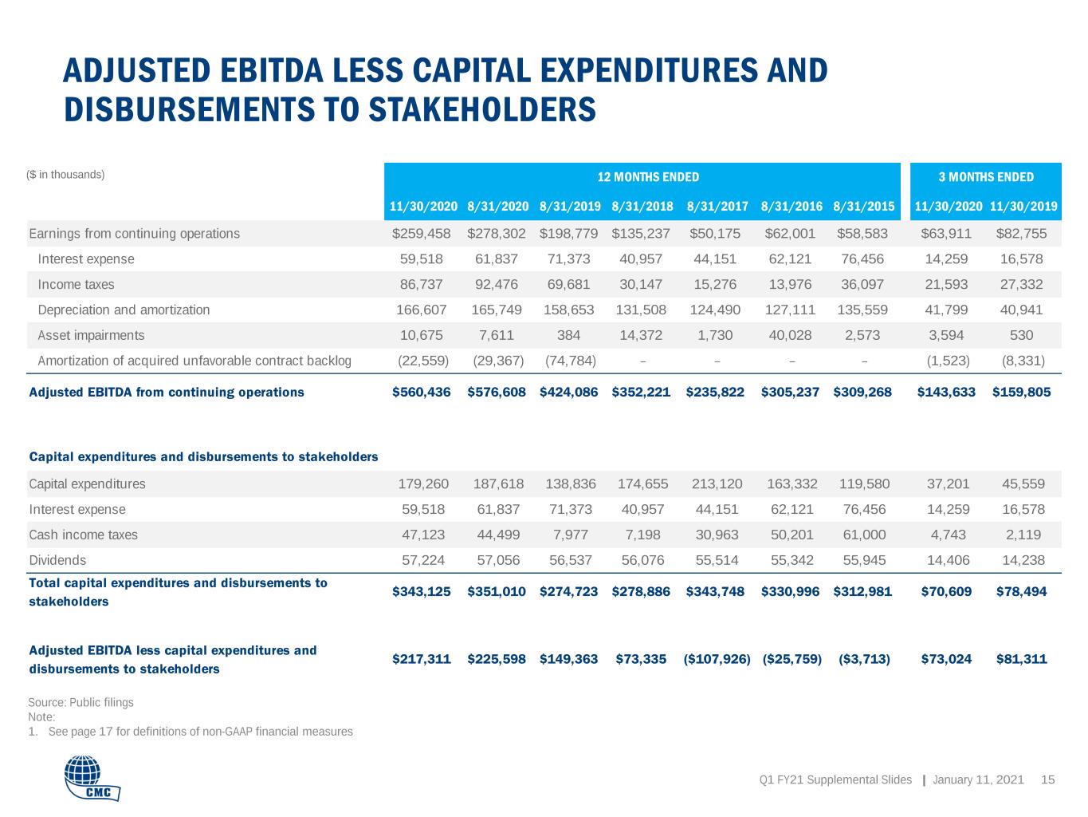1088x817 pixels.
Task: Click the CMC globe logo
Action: pyautogui.click(x=92, y=778)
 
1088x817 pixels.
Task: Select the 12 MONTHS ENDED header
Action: pyautogui.click(x=648, y=177)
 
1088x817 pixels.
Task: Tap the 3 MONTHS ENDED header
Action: pyautogui.click(x=986, y=177)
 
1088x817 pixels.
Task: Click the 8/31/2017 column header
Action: pyautogui.click(x=717, y=207)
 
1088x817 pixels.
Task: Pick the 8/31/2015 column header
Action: pyautogui.click(x=863, y=207)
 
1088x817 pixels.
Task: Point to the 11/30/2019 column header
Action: pyautogui.click(x=1023, y=207)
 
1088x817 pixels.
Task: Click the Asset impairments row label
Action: pyautogui.click(x=91, y=335)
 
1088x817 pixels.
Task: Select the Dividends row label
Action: pyautogui.click(x=57, y=560)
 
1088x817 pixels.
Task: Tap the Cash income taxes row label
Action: pyautogui.click(x=83, y=535)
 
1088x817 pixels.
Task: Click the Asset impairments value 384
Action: pyautogui.click(x=568, y=335)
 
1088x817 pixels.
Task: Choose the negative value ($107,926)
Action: pyautogui.click(x=717, y=659)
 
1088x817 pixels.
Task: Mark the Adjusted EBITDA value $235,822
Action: pyautogui.click(x=715, y=393)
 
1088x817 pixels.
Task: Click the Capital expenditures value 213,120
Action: pyautogui.click(x=717, y=483)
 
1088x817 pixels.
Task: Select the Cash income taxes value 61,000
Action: pyautogui.click(x=864, y=535)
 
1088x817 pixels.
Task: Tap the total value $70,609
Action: pyautogui.click(x=946, y=592)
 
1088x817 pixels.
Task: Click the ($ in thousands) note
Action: pyautogui.click(x=65, y=175)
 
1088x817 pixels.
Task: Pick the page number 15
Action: pyautogui.click(x=1047, y=780)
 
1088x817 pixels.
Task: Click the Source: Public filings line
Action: pyautogui.click(x=81, y=702)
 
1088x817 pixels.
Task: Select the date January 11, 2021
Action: pyautogui.click(x=978, y=780)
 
